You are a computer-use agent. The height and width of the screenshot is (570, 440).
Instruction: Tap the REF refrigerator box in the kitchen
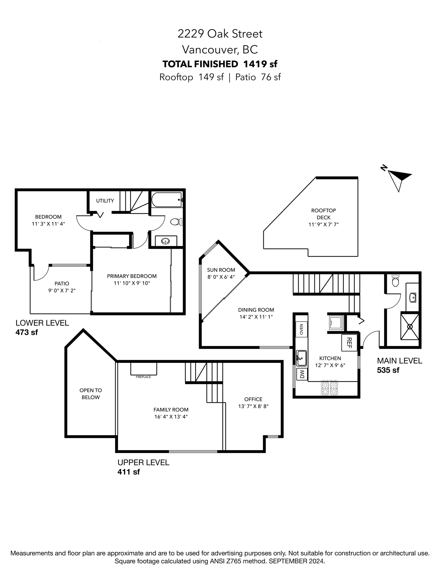(x=349, y=343)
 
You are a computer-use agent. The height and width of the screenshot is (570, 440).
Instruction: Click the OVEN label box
(x=302, y=329)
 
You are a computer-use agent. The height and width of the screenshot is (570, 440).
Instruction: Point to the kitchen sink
(x=301, y=358)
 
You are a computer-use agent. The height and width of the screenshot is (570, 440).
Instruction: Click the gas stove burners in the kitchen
(x=330, y=388)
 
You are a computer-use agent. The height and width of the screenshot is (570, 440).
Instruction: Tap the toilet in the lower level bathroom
(x=176, y=222)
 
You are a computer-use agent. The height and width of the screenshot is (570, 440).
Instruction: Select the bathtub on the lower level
(x=167, y=200)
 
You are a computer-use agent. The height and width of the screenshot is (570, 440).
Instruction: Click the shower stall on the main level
(x=410, y=327)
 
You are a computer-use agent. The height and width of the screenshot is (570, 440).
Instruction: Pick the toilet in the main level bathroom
(x=396, y=280)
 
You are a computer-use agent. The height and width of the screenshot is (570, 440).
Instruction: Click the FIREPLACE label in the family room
(x=143, y=377)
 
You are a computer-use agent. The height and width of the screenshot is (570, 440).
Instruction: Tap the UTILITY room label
(x=105, y=201)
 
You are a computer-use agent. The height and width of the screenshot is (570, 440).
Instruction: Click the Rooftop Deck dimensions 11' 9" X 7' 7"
(x=323, y=224)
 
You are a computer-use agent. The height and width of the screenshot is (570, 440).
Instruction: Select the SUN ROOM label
(x=221, y=270)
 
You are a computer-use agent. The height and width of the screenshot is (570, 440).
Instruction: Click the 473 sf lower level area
(x=27, y=332)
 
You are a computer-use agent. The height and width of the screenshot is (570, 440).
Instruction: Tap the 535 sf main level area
(x=388, y=370)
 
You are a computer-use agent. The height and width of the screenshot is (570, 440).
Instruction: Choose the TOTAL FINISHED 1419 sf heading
(x=220, y=64)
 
